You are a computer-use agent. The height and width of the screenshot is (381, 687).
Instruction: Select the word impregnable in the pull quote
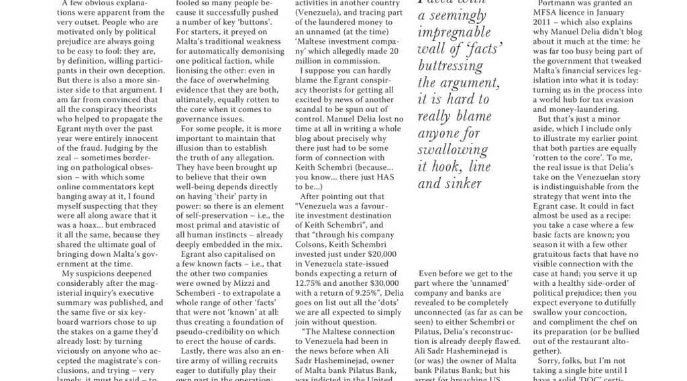453,32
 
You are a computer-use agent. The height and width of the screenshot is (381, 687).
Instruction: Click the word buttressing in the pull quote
450,65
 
